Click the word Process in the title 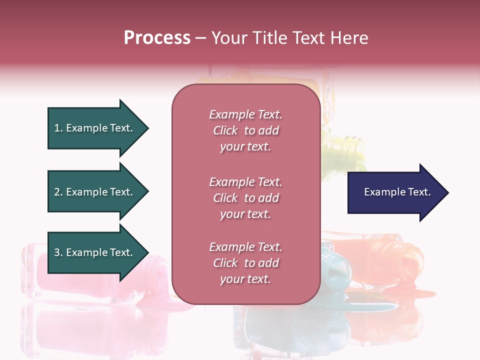click(157, 37)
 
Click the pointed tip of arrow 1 click(147, 128)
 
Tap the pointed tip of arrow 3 click(147, 252)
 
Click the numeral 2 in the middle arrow click(57, 192)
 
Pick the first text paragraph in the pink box click(245, 130)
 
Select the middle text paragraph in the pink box click(245, 198)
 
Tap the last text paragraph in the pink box click(245, 263)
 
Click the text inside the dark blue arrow click(397, 192)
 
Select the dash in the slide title click(200, 38)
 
